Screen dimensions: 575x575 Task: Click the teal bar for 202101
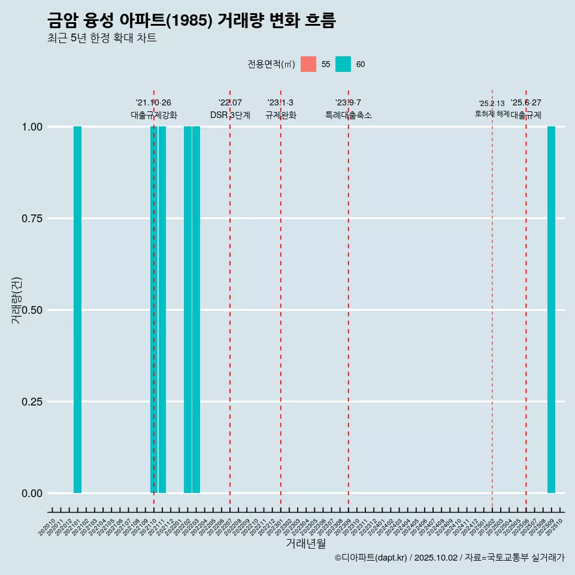click(77, 310)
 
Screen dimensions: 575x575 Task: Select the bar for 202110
click(153, 310)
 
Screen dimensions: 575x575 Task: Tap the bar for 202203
click(196, 310)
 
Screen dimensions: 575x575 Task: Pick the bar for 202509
click(551, 310)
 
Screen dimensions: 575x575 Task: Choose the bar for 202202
click(187, 310)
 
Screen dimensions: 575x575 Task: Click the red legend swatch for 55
click(308, 64)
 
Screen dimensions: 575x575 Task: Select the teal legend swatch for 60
click(343, 64)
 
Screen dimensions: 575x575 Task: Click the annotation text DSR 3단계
click(230, 115)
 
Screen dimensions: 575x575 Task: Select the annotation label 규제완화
click(281, 115)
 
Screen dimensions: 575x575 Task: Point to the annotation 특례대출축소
click(349, 115)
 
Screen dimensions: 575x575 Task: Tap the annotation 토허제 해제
click(492, 114)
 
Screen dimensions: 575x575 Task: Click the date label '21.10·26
click(153, 103)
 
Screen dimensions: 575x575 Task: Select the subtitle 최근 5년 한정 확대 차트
click(102, 38)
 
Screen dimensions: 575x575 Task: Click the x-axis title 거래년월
click(305, 543)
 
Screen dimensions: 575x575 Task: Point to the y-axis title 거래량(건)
click(16, 300)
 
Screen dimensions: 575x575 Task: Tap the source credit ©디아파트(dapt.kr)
click(371, 558)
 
